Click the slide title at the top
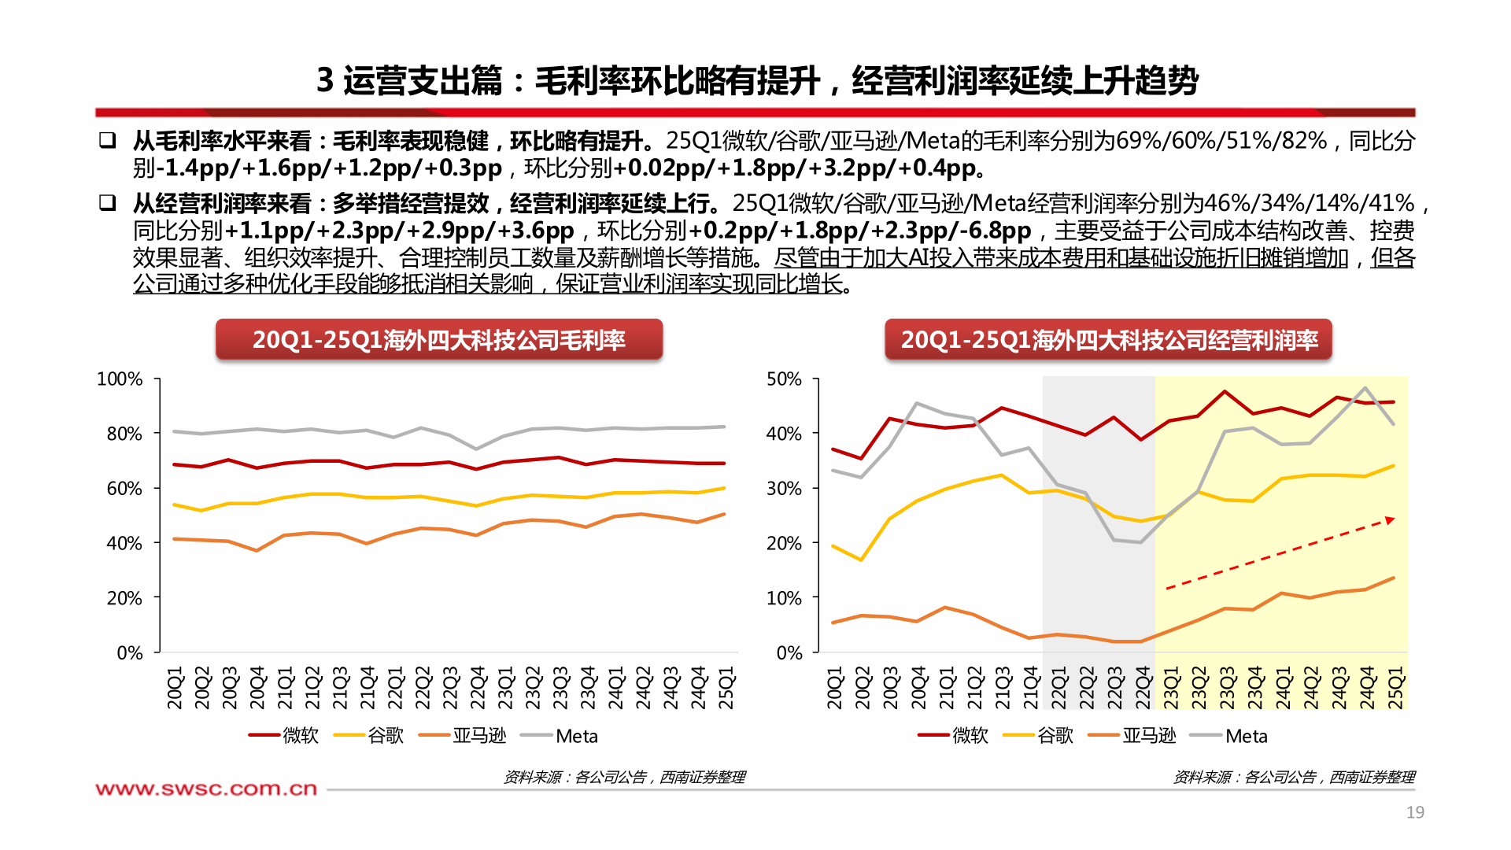(x=756, y=80)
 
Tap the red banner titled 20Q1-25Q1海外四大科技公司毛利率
(x=439, y=340)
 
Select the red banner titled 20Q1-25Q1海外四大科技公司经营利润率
(x=1108, y=340)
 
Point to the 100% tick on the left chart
(x=120, y=379)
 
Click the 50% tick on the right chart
(x=784, y=379)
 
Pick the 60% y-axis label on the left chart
(x=124, y=489)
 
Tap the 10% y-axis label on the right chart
(x=784, y=598)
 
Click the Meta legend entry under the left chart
(x=576, y=736)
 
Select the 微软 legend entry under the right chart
(x=970, y=736)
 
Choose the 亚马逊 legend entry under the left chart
(x=478, y=736)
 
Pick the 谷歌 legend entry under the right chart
(x=1055, y=736)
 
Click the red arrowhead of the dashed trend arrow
(x=1390, y=520)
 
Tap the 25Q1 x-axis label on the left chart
(x=726, y=687)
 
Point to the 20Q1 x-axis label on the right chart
(x=835, y=687)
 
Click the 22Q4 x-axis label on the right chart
(x=1143, y=687)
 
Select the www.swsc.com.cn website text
(x=206, y=789)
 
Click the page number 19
(x=1415, y=812)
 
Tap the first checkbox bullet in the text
(x=107, y=141)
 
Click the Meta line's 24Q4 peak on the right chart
(x=1365, y=387)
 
